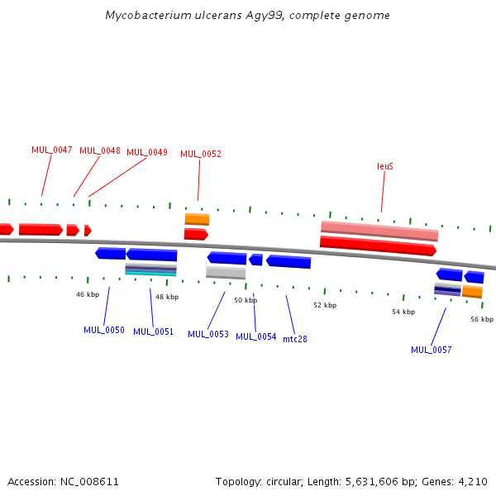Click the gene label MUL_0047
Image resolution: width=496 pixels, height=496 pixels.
pos(52,150)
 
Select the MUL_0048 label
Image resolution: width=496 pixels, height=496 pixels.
pos(100,150)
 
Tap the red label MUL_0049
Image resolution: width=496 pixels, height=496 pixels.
pos(147,152)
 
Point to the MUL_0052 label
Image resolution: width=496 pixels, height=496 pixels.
pos(201,154)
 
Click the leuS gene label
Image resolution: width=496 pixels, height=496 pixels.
pos(385,166)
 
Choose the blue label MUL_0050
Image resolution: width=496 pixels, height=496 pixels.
pos(104,330)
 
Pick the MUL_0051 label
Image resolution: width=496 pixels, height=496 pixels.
pos(154,331)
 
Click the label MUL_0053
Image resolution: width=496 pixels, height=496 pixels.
pos(208,334)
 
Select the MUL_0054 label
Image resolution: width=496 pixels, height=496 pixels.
pos(256,336)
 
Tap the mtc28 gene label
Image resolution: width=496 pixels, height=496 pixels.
pos(295,339)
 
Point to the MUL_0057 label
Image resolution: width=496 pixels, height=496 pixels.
pos(432,350)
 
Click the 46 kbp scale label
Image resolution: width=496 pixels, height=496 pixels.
pos(88,294)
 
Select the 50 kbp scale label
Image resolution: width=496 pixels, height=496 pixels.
pos(246,300)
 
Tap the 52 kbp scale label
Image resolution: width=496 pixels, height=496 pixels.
pos(325,305)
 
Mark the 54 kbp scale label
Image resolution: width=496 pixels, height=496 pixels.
pos(403,312)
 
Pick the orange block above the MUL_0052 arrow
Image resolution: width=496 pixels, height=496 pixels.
pos(197,219)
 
